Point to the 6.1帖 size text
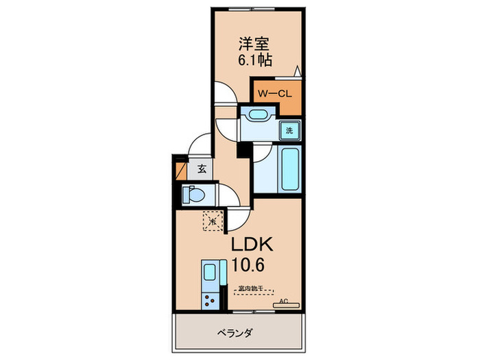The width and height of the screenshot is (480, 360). (x=254, y=60)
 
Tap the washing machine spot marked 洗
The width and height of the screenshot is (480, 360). (x=289, y=130)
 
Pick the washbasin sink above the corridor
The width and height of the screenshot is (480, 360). (x=258, y=115)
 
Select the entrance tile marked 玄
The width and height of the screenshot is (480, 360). (x=201, y=169)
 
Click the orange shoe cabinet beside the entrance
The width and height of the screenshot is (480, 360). (x=180, y=170)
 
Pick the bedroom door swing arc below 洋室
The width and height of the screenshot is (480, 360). (x=223, y=93)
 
